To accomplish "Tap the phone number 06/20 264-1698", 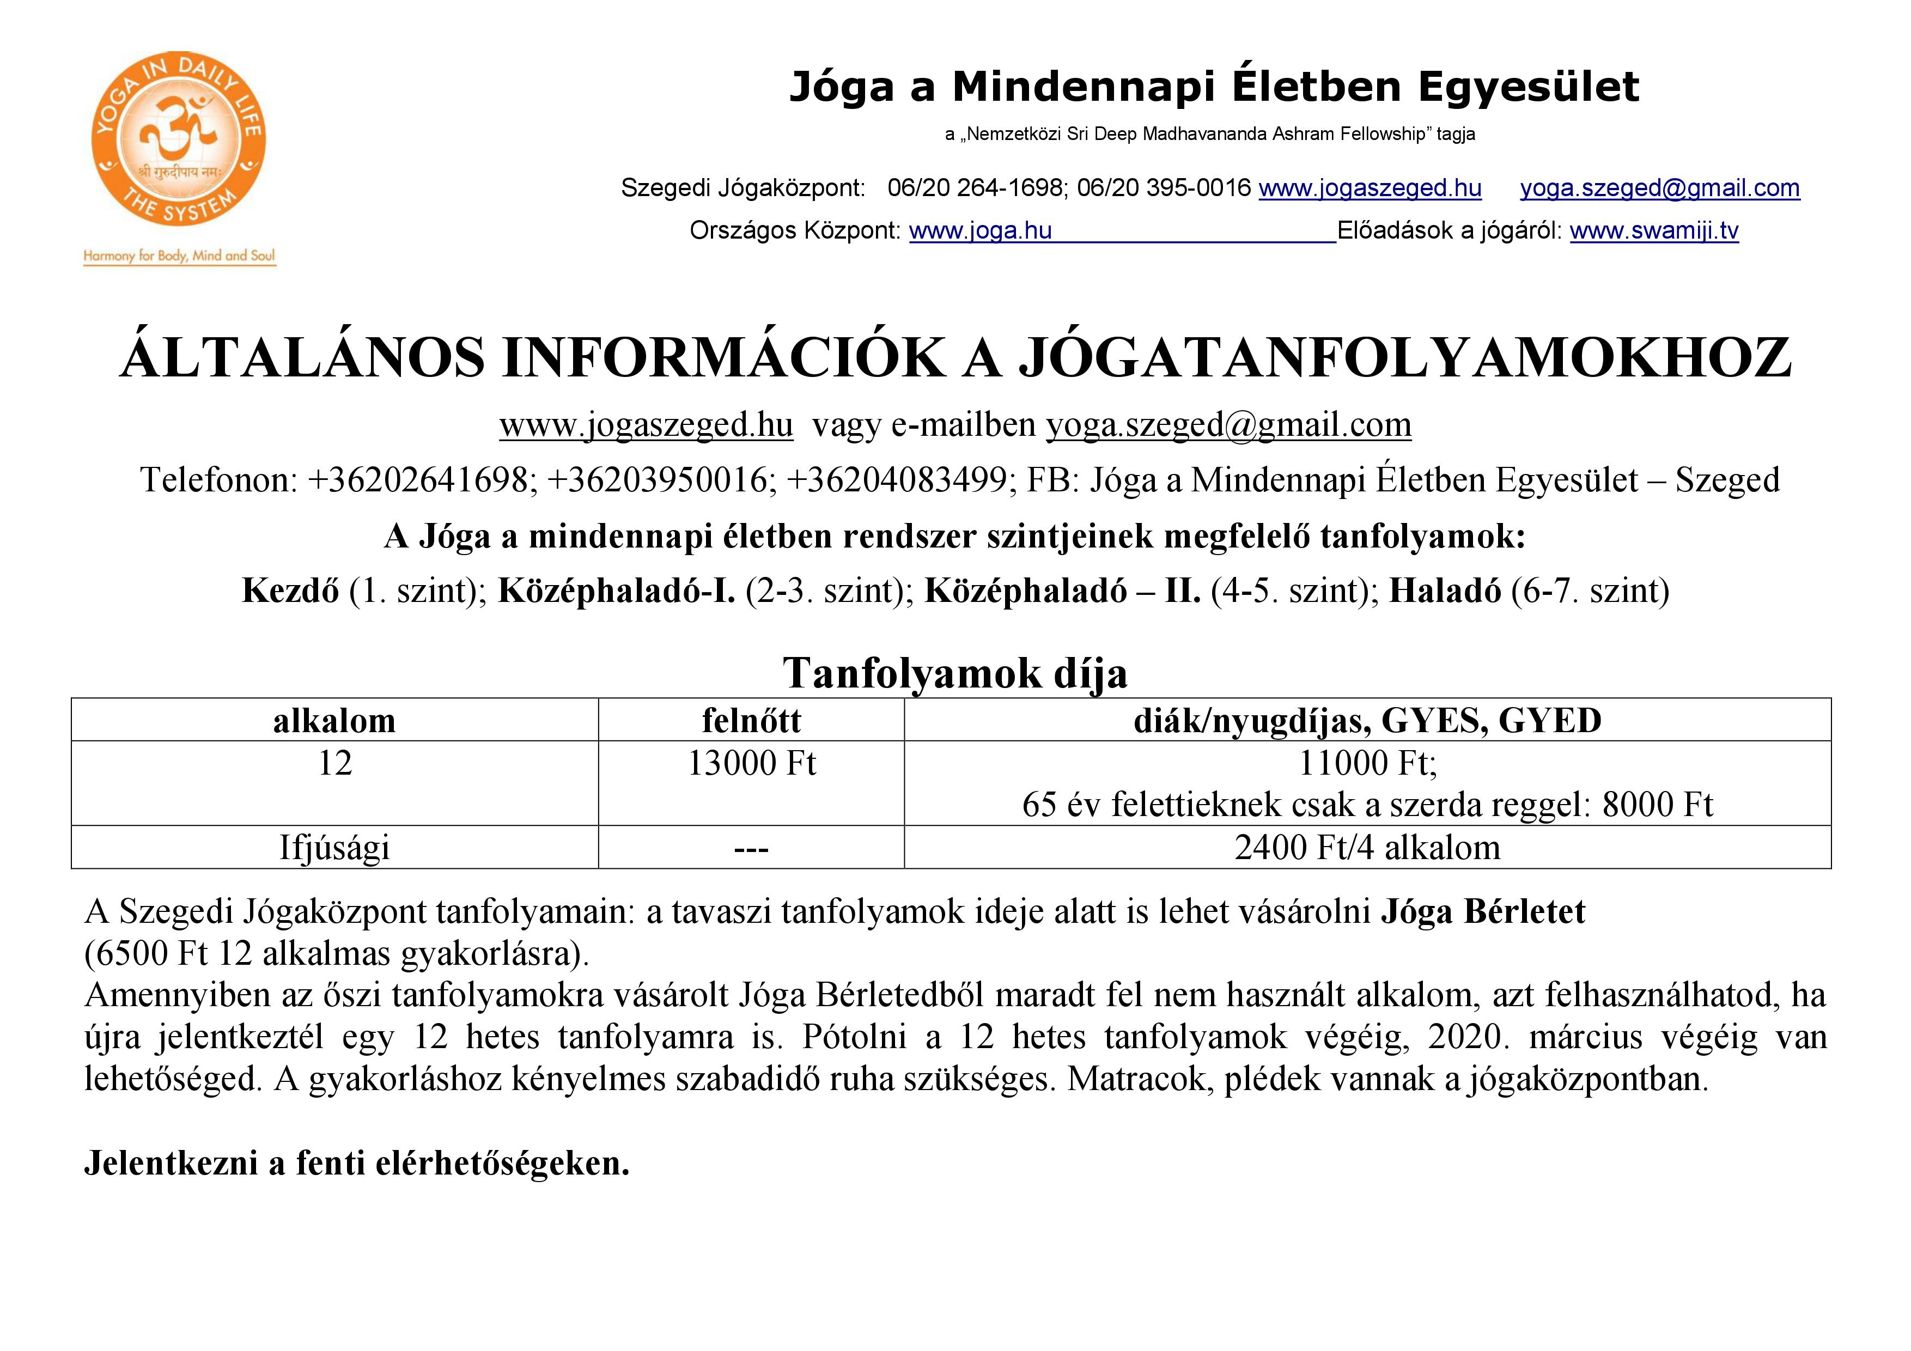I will click(x=975, y=188).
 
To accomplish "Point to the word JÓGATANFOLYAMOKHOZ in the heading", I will click(x=1405, y=358).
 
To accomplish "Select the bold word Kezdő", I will click(x=290, y=590).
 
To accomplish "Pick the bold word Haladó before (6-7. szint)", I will click(x=1445, y=590).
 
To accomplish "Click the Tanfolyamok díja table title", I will click(x=954, y=673).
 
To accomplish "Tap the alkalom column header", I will click(x=334, y=721).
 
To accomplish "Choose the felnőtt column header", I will click(x=751, y=721).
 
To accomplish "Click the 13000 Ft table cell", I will click(x=751, y=763).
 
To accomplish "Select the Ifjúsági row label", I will click(x=334, y=848).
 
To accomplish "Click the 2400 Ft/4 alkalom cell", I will click(x=1367, y=848).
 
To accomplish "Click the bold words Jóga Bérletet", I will click(x=1483, y=912).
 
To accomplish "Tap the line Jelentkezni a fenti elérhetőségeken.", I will click(x=356, y=1164).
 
